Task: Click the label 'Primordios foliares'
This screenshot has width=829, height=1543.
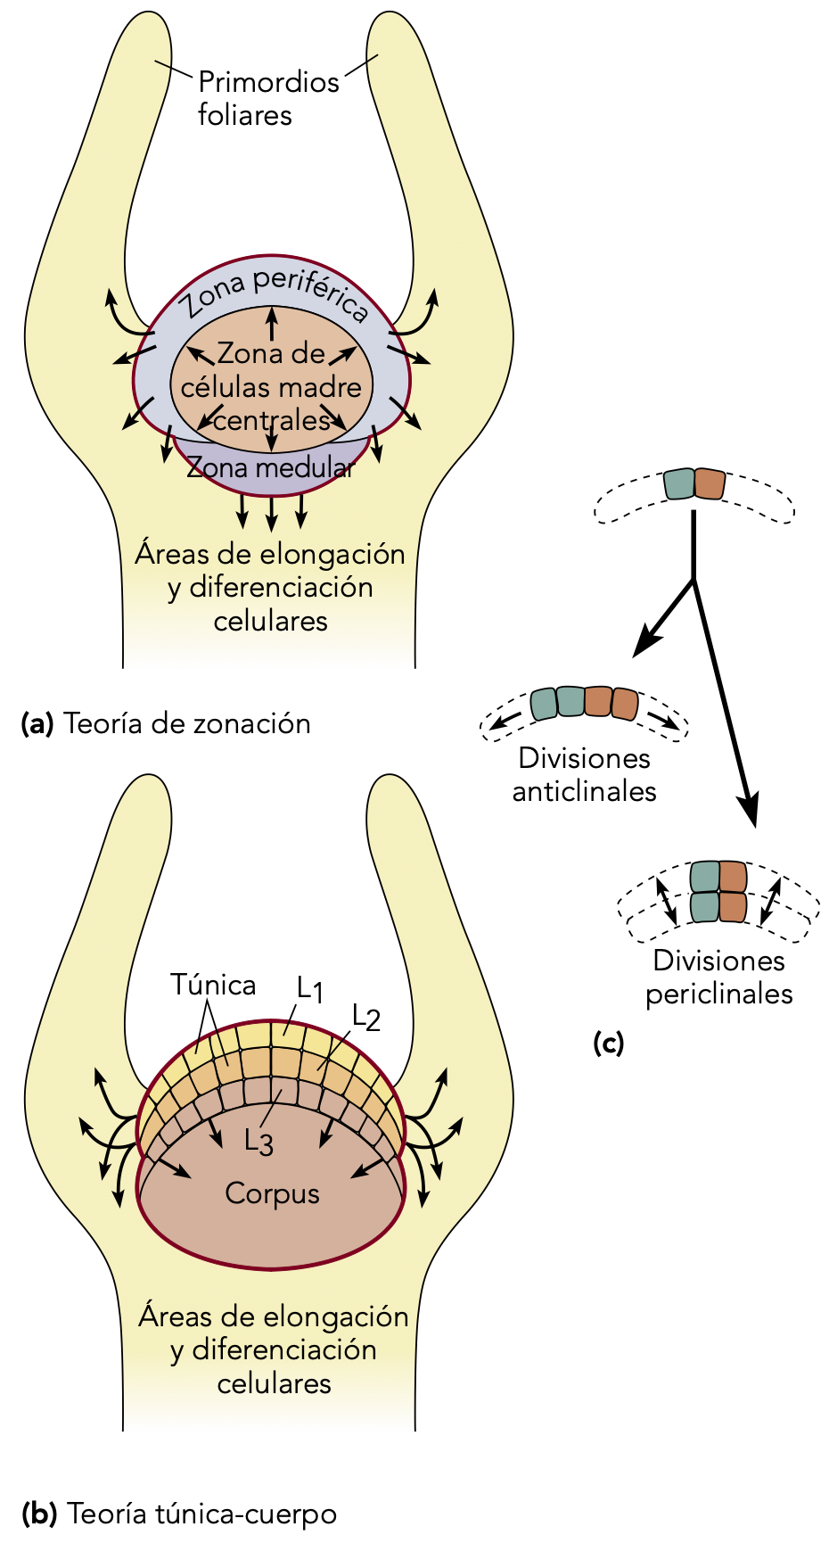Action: pyautogui.click(x=267, y=98)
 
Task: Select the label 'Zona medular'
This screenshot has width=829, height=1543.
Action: pyautogui.click(x=270, y=467)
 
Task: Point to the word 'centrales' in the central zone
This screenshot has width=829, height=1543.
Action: pyautogui.click(x=272, y=420)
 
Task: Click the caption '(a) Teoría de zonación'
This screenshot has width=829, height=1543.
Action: pyautogui.click(x=166, y=723)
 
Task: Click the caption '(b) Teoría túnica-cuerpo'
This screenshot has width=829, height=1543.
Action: pyautogui.click(x=179, y=1514)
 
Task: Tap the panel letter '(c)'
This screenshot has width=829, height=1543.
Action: pyautogui.click(x=608, y=1043)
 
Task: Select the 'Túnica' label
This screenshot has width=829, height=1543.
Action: pyautogui.click(x=213, y=985)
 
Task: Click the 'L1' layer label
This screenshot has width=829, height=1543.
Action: pyautogui.click(x=309, y=987)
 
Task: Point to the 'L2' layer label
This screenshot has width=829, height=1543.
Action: pyautogui.click(x=365, y=1017)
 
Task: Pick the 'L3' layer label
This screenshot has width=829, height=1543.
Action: pyautogui.click(x=259, y=1142)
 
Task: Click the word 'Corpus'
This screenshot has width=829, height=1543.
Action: pyautogui.click(x=272, y=1193)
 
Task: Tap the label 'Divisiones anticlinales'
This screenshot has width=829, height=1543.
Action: pyautogui.click(x=584, y=774)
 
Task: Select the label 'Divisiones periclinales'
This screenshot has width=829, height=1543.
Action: pyautogui.click(x=718, y=977)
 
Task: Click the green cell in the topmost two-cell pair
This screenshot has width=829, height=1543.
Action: pyautogui.click(x=678, y=484)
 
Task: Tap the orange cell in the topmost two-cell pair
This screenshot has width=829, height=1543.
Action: pyautogui.click(x=710, y=484)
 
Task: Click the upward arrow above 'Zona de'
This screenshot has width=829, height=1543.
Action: pyautogui.click(x=272, y=319)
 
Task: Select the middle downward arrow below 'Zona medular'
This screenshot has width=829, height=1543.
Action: pyautogui.click(x=272, y=513)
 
